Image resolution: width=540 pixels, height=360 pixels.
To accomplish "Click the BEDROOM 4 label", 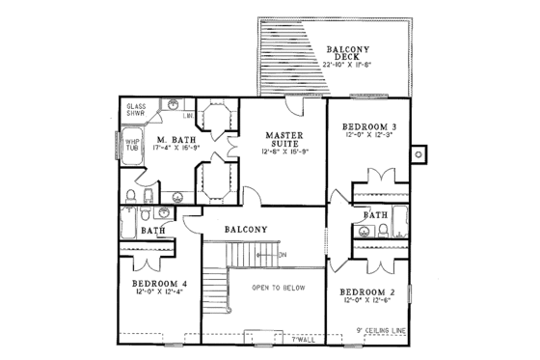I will click(x=160, y=284).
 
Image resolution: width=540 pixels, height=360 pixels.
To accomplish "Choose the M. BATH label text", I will click(x=176, y=140).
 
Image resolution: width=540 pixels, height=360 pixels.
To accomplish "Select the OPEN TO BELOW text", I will click(x=280, y=288).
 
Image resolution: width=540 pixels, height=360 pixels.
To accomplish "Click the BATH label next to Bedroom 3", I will click(x=376, y=214).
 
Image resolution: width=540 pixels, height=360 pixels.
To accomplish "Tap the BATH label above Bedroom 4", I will click(x=152, y=232).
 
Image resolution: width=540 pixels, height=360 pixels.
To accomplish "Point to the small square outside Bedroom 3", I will click(x=418, y=151).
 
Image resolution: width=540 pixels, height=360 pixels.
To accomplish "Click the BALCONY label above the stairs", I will click(x=246, y=230).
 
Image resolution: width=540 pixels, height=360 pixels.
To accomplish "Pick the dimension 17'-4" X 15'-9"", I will click(x=176, y=151).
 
